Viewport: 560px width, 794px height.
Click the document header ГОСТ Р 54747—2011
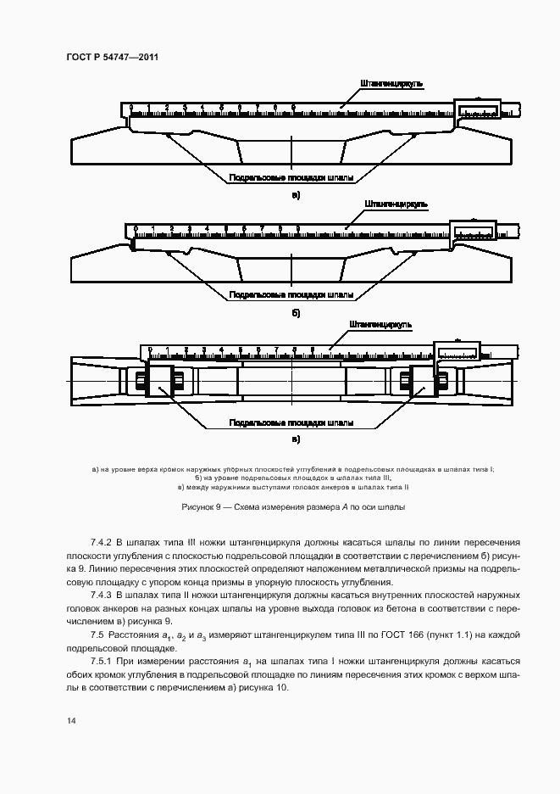(112, 57)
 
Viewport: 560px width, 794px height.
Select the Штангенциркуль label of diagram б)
(396, 204)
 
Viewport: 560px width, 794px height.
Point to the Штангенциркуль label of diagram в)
(380, 324)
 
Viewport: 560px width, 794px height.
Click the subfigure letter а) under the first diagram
(296, 195)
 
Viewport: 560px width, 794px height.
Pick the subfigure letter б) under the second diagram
(296, 313)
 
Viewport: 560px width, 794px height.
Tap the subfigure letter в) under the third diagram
(296, 439)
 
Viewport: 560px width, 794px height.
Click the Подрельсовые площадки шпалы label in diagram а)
(291, 178)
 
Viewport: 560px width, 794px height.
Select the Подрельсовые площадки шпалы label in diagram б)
(291, 295)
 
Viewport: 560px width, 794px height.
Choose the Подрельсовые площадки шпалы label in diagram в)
(291, 422)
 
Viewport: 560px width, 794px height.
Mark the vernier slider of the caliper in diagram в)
(457, 350)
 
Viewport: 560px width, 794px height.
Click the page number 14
(72, 721)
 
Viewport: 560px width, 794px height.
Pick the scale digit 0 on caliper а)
(130, 108)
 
